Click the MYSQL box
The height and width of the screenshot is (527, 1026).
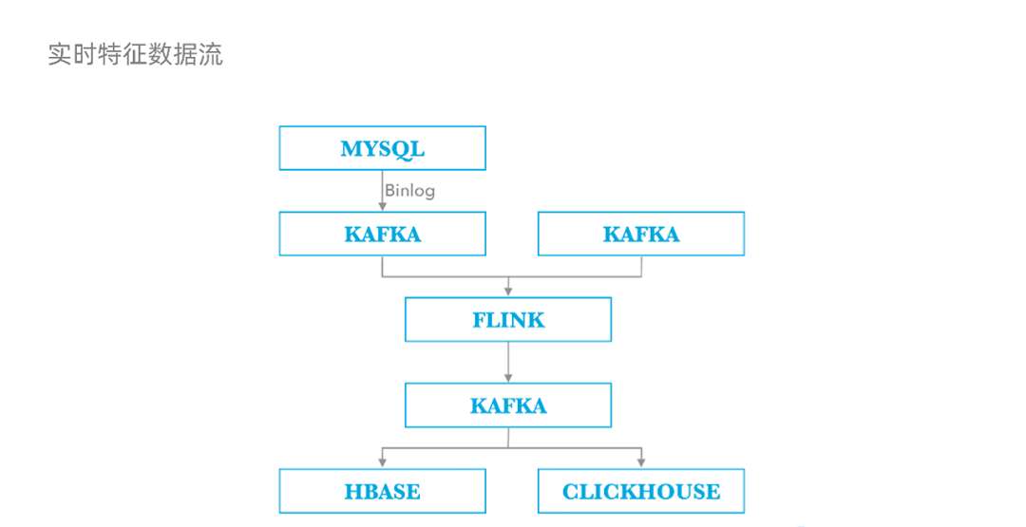pos(382,148)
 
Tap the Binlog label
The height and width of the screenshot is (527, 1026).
pos(409,191)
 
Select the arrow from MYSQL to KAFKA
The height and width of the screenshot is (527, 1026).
pos(383,190)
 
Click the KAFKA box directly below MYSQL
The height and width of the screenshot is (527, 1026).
pos(382,234)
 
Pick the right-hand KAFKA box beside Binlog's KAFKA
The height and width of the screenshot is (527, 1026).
pos(640,234)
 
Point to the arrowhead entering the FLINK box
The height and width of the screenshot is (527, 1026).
pos(508,291)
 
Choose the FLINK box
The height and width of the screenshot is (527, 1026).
pos(507,320)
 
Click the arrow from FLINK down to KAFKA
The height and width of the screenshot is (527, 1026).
pos(508,362)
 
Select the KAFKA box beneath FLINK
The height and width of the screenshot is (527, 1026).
pos(507,405)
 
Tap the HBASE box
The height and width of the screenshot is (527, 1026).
pos(382,491)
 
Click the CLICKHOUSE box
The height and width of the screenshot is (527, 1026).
pos(640,491)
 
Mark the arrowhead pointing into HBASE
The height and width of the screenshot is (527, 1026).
pos(383,462)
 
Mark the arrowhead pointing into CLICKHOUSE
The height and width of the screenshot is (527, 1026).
pos(641,462)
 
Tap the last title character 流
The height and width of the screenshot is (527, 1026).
pos(211,55)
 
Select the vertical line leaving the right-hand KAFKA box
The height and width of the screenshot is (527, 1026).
pos(641,266)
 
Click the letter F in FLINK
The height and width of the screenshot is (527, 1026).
pos(480,320)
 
